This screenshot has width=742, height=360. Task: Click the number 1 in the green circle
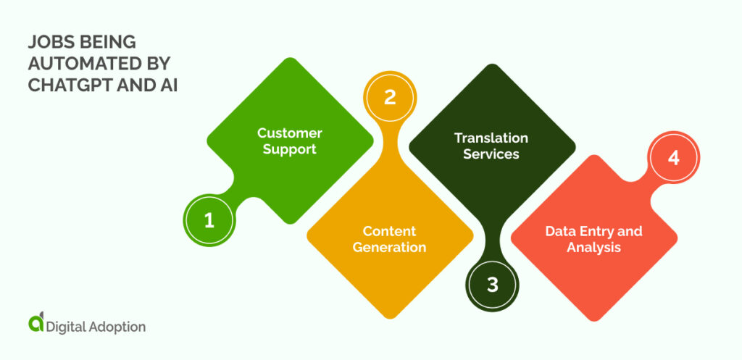click(209, 220)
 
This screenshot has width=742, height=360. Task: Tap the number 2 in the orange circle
click(390, 98)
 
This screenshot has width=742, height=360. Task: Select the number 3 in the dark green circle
click(493, 285)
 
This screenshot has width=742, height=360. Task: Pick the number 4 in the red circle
click(674, 159)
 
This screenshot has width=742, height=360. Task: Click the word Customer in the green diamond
click(290, 133)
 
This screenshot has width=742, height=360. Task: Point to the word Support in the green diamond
click(290, 149)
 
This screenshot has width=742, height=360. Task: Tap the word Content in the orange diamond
click(390, 231)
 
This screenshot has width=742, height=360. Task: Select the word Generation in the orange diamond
click(390, 248)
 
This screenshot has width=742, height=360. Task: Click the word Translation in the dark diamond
click(491, 138)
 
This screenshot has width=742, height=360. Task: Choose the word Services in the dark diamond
click(491, 154)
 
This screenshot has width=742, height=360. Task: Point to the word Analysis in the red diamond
click(594, 248)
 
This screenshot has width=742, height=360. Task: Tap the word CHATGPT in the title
click(64, 85)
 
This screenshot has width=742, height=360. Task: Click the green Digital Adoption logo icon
click(33, 325)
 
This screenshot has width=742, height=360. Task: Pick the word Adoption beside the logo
click(116, 327)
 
